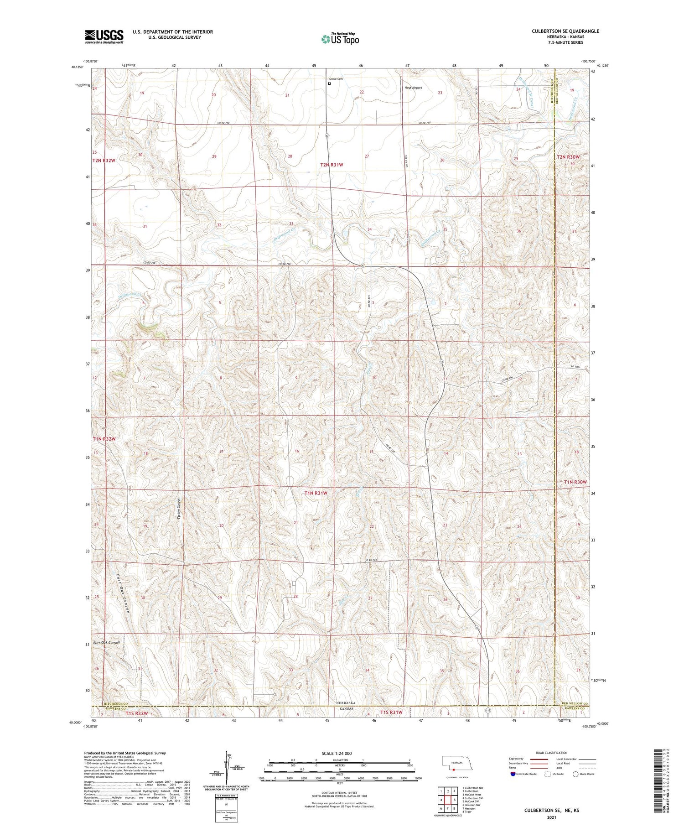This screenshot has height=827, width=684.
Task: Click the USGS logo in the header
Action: click(104, 36)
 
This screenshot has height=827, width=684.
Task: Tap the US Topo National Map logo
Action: click(340, 39)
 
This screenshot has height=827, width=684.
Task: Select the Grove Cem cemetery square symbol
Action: click(330, 83)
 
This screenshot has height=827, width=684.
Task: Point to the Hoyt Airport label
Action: click(413, 88)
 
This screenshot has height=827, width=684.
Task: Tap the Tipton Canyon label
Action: click(179, 506)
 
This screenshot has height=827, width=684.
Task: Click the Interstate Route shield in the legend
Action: click(513, 774)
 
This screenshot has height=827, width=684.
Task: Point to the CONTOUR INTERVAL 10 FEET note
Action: click(339, 793)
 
